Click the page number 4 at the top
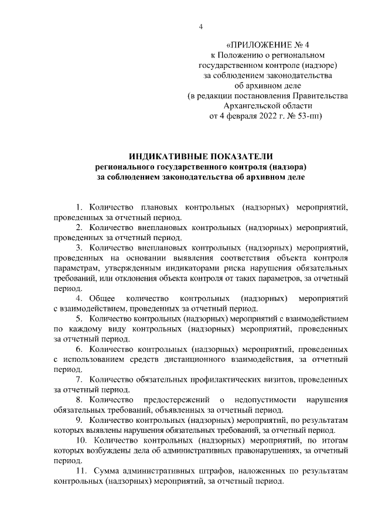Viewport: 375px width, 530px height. point(200,26)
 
